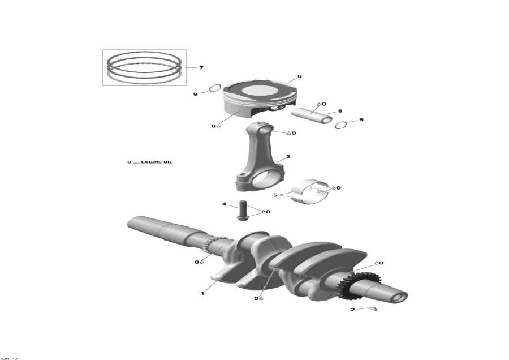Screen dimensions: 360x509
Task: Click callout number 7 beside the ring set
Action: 201,67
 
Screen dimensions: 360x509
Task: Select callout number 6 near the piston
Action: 299,76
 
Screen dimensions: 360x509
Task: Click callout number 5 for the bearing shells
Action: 275,195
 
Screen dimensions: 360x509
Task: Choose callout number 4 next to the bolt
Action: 224,204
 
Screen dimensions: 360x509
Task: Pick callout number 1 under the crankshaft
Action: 201,293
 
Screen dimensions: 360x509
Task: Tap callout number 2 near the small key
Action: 352,310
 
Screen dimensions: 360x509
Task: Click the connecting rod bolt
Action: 244,211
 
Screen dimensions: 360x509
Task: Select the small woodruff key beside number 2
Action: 371,308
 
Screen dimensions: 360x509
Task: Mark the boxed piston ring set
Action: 144,67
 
